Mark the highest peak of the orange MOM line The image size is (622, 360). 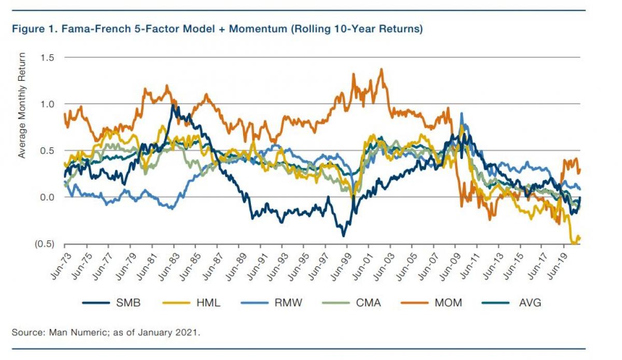tap(381, 69)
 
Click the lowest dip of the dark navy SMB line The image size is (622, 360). tap(343, 236)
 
